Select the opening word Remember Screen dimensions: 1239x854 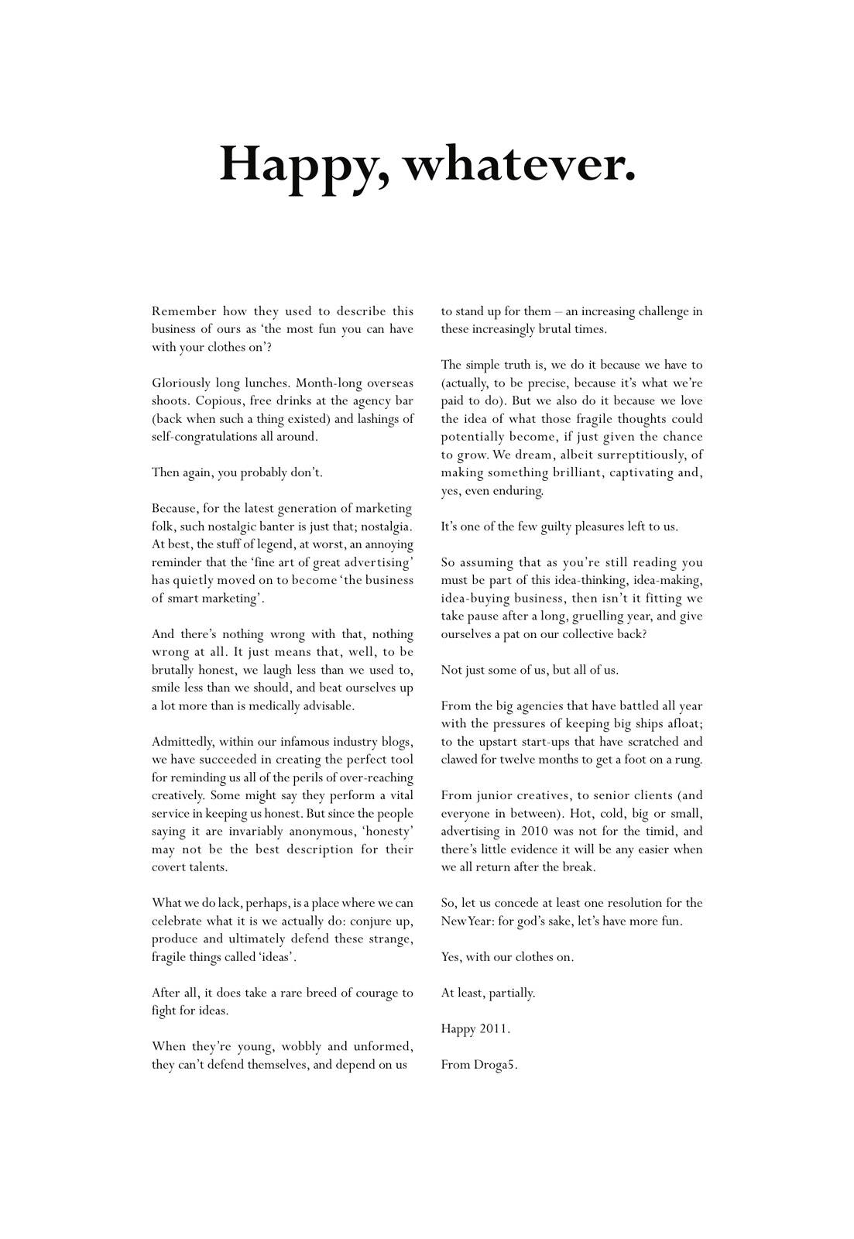click(x=183, y=311)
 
